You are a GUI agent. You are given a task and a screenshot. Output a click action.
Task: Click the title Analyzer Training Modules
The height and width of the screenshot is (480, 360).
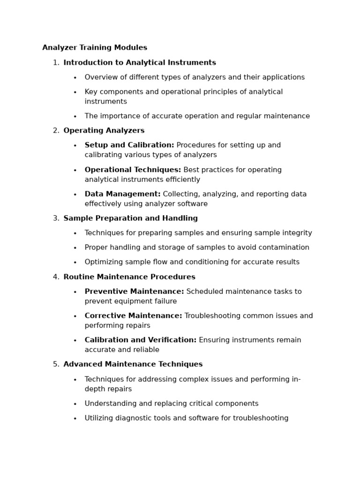(x=95, y=48)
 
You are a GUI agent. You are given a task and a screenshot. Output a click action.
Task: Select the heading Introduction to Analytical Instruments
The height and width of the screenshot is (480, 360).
(x=140, y=63)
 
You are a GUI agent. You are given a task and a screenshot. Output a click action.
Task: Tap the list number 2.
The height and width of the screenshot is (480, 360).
(x=56, y=131)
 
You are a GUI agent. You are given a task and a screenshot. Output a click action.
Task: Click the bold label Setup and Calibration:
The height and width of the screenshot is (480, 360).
(x=129, y=145)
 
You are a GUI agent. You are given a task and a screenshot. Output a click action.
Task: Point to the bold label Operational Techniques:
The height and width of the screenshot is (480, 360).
(x=133, y=170)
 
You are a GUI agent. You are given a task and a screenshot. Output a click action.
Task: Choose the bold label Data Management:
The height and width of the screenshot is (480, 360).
(x=122, y=194)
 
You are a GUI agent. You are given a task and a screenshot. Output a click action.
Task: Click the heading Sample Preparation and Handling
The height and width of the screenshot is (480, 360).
(x=130, y=218)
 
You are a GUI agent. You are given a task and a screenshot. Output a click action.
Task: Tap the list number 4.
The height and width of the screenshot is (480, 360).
(x=56, y=277)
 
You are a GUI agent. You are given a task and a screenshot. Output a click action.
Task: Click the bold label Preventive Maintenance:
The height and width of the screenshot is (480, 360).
(x=134, y=292)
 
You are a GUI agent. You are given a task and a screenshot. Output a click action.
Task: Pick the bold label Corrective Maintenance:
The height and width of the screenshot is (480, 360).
(x=133, y=316)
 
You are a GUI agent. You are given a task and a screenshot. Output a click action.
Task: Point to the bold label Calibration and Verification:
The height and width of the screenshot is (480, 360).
(x=141, y=340)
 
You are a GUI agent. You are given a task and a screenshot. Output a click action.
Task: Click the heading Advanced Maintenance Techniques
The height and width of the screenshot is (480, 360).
(x=133, y=364)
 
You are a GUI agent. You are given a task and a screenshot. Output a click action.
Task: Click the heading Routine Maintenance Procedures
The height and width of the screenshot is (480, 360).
(x=129, y=277)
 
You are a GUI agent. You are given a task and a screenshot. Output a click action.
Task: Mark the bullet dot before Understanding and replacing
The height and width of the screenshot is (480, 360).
(x=75, y=404)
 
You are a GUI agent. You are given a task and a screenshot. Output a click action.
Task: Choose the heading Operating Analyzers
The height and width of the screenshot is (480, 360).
(x=104, y=131)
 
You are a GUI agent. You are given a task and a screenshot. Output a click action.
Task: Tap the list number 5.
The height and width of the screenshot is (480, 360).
(x=56, y=364)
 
